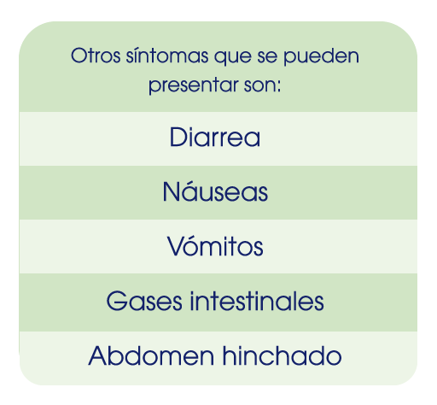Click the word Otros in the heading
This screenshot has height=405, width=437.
point(96,56)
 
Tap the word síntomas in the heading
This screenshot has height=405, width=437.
point(167,56)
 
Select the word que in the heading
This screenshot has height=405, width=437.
point(233,57)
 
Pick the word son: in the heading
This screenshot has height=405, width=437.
point(262,85)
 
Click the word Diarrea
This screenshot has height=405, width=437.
point(215,138)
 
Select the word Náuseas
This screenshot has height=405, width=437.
point(215,191)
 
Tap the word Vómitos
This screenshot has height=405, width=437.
point(215,245)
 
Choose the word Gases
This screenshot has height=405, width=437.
point(144,301)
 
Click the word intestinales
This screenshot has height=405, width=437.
point(257,301)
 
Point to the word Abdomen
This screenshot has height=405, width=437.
point(151,355)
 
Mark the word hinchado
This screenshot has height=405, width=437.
point(282,355)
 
